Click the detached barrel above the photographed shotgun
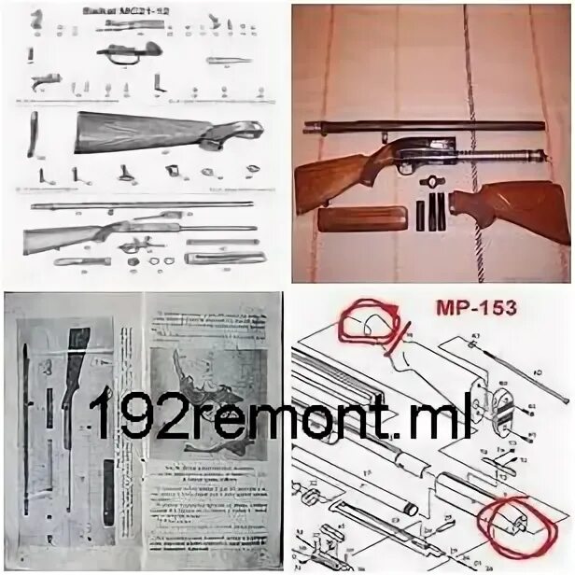click(x=421, y=126)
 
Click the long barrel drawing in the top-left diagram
click(x=140, y=204)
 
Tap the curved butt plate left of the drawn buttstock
click(x=33, y=133)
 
